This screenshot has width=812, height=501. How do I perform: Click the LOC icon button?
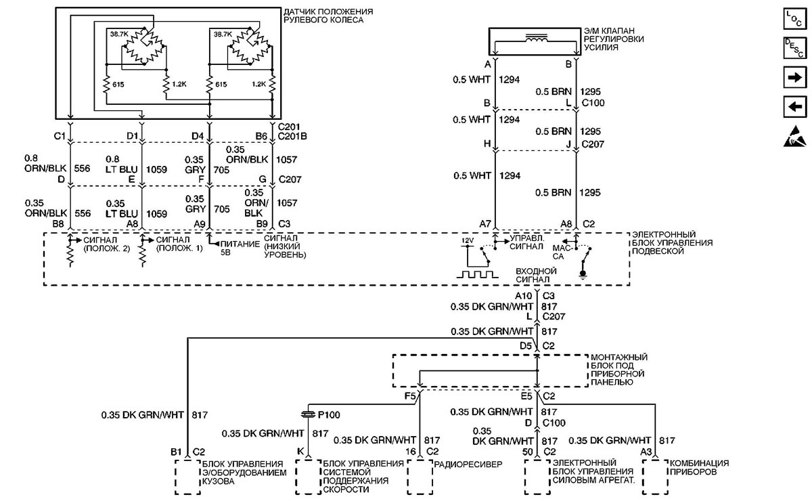click(x=794, y=19)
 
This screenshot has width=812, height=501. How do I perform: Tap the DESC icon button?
click(x=794, y=48)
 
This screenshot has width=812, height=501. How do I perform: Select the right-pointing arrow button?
click(x=794, y=77)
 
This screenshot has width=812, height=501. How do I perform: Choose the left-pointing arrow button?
click(x=794, y=107)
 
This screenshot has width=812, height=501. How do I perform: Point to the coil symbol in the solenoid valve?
click(x=536, y=38)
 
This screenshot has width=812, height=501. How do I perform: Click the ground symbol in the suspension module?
click(x=583, y=275)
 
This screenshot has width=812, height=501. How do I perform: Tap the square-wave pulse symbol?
click(x=477, y=274)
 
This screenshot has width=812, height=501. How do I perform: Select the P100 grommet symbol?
click(x=308, y=414)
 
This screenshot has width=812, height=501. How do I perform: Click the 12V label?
click(x=468, y=240)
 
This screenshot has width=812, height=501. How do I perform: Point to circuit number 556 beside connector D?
click(x=82, y=169)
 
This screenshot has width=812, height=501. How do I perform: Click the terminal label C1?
click(x=60, y=136)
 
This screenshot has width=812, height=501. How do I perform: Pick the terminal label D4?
click(x=198, y=136)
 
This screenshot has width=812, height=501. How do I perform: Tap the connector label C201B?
click(x=292, y=136)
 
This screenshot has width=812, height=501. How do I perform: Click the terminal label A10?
click(x=524, y=296)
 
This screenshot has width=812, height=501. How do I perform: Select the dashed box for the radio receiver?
click(x=420, y=477)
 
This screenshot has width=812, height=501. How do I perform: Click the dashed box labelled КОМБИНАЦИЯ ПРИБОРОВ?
click(x=655, y=477)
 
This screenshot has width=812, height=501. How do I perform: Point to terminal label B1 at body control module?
click(x=176, y=452)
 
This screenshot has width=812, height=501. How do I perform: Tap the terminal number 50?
click(x=527, y=452)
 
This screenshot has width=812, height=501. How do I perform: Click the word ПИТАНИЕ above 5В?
click(x=240, y=244)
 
